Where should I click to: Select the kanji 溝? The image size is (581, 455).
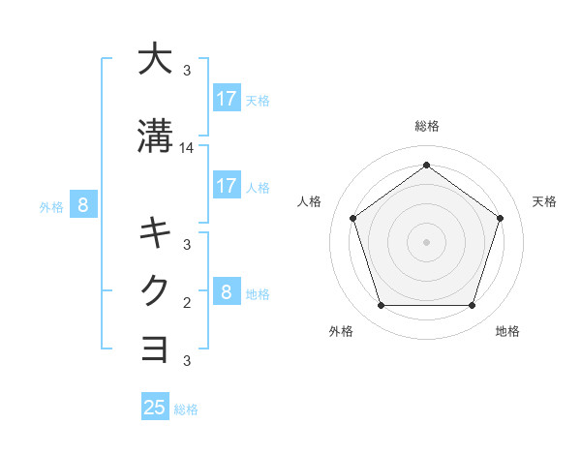(x=154, y=136)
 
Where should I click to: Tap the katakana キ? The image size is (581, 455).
(x=154, y=233)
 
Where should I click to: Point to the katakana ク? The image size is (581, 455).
(x=154, y=291)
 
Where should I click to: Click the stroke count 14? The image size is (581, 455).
(x=187, y=148)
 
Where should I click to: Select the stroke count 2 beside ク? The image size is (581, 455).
(x=187, y=303)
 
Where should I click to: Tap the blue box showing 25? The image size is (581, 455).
(x=155, y=408)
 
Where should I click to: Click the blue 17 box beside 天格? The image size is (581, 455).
(x=227, y=98)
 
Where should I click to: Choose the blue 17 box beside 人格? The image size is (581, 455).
(x=227, y=185)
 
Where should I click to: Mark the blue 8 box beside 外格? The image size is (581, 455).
(x=83, y=204)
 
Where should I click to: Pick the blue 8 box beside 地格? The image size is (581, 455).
(x=227, y=291)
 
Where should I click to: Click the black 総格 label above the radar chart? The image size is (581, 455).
(x=427, y=126)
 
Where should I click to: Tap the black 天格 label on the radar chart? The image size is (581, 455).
(x=545, y=201)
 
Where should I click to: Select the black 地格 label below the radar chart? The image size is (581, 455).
(x=507, y=331)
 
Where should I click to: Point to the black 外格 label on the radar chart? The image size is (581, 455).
(x=341, y=331)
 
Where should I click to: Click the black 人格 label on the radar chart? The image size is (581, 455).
(x=310, y=201)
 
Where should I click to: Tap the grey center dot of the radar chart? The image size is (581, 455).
(x=426, y=241)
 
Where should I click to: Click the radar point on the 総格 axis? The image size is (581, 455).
(x=426, y=165)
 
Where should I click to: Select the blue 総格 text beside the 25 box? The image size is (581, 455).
(x=186, y=409)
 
